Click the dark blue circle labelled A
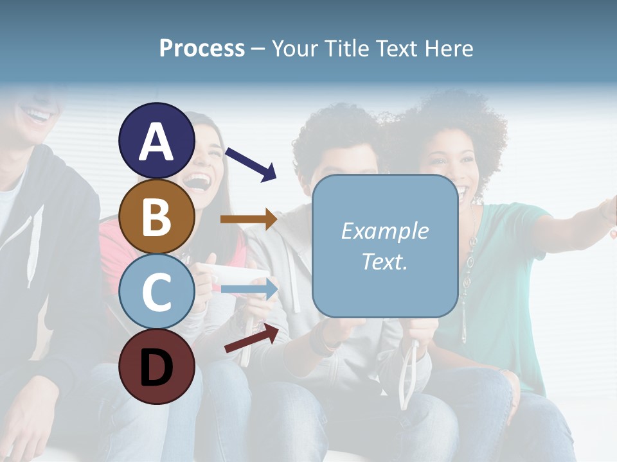pos(156,141)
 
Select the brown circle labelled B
pos(156,216)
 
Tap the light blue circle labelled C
pos(156,291)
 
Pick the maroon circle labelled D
pos(156,367)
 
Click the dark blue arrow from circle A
pos(251,164)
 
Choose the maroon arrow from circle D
pos(251,338)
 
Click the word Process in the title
pos(202,49)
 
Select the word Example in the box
pos(384,231)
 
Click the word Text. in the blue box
pos(384,262)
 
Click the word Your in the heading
pos(294,49)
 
